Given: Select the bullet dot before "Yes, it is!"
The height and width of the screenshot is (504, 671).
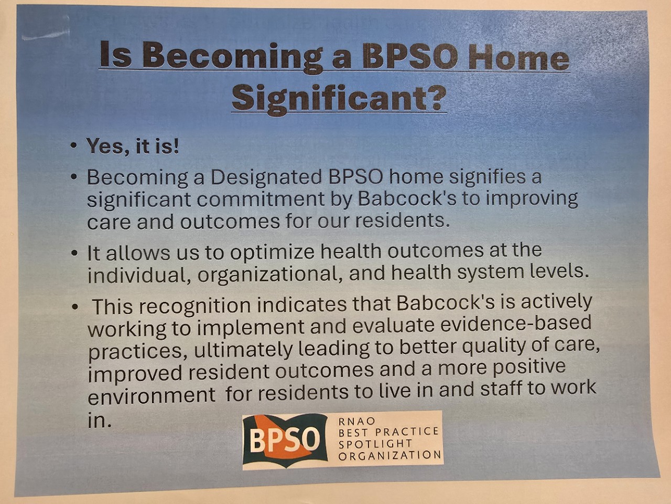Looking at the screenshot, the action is (73, 145).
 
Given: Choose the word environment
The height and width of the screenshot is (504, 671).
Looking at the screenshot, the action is (151, 395).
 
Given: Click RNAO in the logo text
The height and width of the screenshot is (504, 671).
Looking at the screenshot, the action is (357, 422).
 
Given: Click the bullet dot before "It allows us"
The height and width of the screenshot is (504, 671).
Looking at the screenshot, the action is (73, 254).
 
